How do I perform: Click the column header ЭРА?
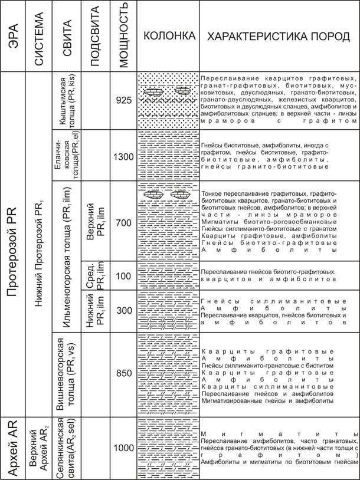click(11, 37)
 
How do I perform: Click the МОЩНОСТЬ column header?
click(123, 37)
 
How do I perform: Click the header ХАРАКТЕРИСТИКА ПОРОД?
click(278, 37)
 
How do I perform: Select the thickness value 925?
click(123, 100)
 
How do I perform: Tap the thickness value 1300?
click(123, 157)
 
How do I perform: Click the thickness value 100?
click(123, 276)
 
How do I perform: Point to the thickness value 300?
click(123, 311)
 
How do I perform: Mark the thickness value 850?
click(123, 373)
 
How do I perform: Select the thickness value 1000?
click(123, 448)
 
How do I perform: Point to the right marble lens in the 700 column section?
click(181, 194)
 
